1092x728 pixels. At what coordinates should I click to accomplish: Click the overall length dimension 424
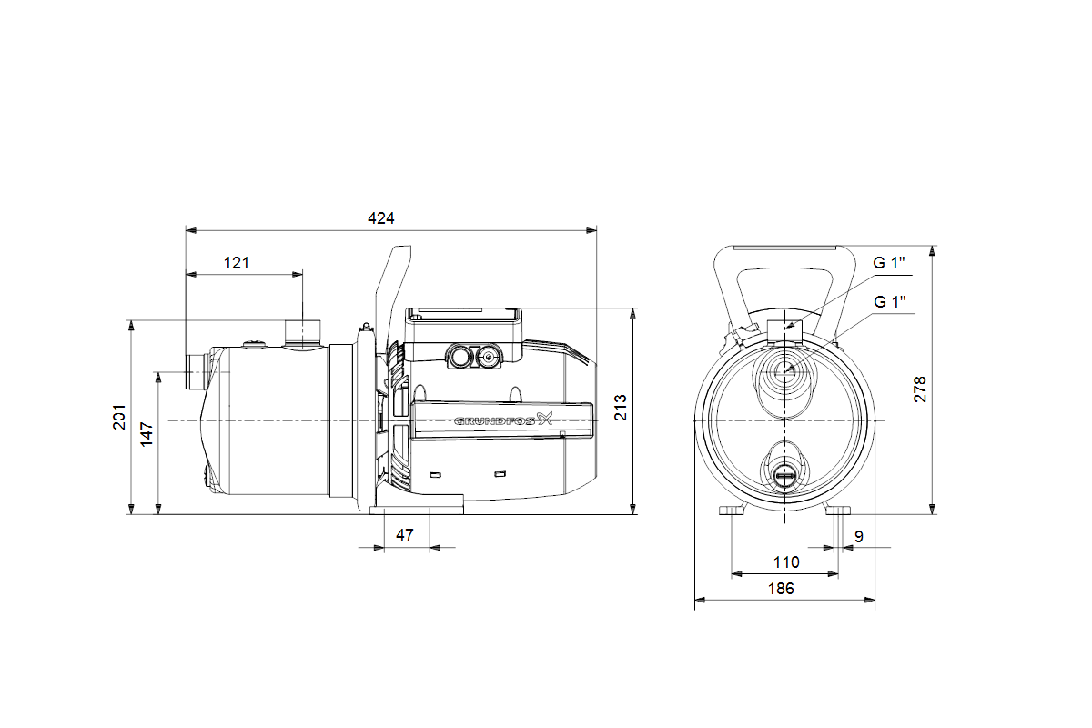[381, 218]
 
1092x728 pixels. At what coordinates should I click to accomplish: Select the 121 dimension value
[236, 263]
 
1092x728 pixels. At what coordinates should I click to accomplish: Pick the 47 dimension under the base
[405, 535]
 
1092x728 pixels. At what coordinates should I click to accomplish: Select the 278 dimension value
[920, 389]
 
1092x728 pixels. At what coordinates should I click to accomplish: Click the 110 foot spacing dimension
[785, 562]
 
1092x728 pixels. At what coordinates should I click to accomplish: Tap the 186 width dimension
[780, 589]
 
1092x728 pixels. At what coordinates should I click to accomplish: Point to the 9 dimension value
[859, 536]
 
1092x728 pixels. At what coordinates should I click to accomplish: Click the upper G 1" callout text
[890, 263]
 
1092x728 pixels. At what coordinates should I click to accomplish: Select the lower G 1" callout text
[890, 301]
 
